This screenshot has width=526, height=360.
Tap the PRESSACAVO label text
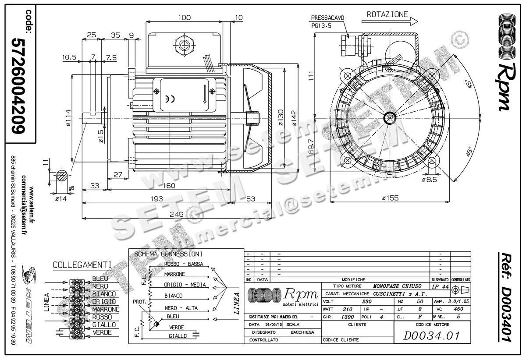[x=327, y=18]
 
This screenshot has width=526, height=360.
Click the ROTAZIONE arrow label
[x=387, y=14]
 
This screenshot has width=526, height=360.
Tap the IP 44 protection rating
[x=440, y=286]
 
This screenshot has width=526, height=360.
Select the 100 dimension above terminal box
[x=185, y=18]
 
